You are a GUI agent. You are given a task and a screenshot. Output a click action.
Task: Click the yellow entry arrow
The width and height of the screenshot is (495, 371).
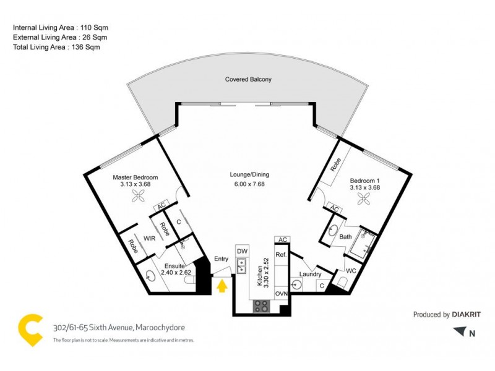[221, 286]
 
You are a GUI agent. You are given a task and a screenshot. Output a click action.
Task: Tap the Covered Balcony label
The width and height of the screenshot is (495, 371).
[248, 80]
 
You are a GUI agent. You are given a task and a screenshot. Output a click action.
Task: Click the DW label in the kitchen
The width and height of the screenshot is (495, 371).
[241, 252]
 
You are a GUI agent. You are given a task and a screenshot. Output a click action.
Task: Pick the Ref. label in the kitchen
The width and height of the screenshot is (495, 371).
[280, 254]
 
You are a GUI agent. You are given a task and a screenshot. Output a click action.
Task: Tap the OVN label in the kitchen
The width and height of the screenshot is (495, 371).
[282, 294]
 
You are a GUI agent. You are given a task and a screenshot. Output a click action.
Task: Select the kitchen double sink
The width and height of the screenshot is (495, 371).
[242, 267]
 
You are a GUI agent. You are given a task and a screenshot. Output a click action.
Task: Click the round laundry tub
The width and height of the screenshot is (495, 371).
[298, 284]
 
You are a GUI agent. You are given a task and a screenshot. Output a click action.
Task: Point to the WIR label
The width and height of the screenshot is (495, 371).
[149, 237]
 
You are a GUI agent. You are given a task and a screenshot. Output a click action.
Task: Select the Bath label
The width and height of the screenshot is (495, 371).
[345, 236]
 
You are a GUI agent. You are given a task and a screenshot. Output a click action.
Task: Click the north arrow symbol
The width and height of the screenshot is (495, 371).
[458, 333]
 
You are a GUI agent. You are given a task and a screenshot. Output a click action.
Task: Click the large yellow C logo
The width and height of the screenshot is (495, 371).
[30, 331]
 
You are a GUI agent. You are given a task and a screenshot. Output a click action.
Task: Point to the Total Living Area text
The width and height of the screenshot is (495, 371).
[56, 46]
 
